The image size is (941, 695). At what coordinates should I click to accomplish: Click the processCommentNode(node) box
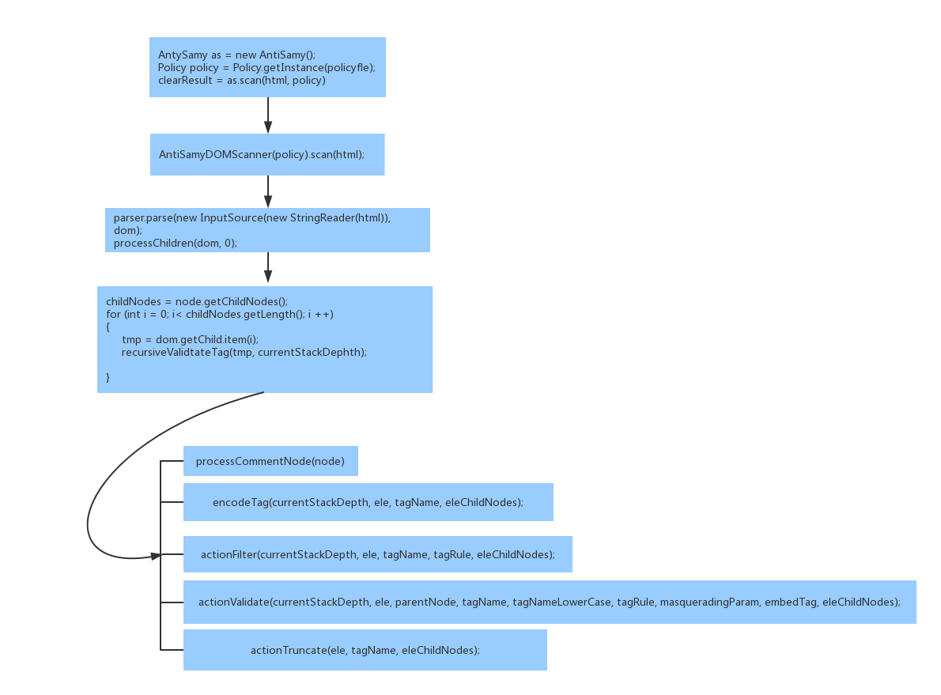point(270,461)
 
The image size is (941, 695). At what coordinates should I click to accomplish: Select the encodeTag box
point(368,502)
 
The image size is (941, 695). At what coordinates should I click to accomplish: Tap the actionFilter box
point(378,554)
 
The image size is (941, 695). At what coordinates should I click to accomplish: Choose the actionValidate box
point(550,602)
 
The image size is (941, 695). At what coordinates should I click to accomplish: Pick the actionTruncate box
point(365,650)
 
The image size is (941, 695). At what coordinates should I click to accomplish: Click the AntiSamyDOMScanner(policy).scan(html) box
point(267,154)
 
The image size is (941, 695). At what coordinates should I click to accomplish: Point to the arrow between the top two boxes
point(267,115)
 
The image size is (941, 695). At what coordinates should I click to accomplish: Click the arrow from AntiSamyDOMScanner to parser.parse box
point(267,192)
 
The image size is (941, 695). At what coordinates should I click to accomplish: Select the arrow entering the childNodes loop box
point(267,268)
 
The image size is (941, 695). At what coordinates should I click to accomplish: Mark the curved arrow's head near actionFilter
point(157,556)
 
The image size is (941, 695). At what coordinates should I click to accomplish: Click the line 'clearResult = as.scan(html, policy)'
point(242,81)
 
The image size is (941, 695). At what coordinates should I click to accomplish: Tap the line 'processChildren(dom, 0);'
point(176,243)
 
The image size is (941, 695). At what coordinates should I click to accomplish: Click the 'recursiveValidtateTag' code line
point(244,353)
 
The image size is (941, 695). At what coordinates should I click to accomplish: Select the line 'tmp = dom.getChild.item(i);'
point(191,340)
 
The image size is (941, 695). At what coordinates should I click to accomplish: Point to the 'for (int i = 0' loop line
point(220,315)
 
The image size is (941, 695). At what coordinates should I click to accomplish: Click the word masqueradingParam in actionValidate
point(709,602)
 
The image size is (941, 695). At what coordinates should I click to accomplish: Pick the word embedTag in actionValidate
point(791,602)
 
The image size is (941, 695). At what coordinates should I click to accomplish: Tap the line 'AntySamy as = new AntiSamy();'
point(236,55)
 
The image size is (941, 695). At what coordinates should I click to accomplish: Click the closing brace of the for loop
point(108,377)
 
